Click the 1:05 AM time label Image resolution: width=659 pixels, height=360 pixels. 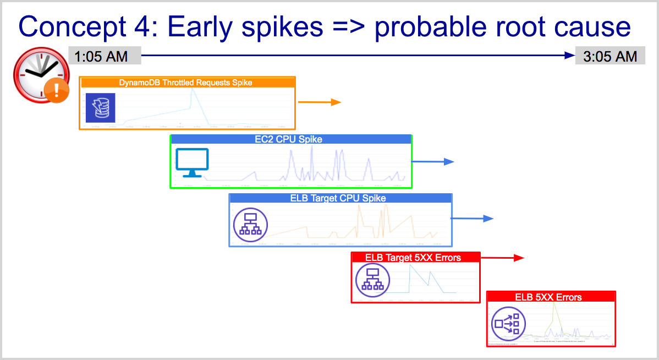pos(101,56)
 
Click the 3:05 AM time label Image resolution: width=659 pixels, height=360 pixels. pos(610,56)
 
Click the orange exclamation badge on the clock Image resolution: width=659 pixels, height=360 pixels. pos(56,89)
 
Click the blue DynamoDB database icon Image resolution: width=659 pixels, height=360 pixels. pos(101,107)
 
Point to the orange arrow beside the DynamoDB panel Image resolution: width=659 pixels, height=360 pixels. pos(320,102)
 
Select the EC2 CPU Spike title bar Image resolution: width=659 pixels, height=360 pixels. pos(291,139)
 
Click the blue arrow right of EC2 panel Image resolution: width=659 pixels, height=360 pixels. pos(433,161)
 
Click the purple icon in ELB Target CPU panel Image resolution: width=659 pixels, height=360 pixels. pos(250,223)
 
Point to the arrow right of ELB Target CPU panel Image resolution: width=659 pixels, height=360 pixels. pos(473,219)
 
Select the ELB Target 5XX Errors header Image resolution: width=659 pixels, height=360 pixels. pos(413,257)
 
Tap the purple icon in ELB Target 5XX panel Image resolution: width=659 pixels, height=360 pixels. pos(372,280)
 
